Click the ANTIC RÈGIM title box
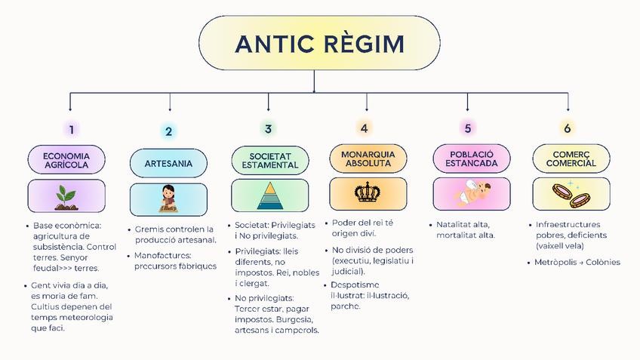pos(319,45)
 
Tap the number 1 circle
pos(71,129)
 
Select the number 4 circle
pos(364,128)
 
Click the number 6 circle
pos(567,128)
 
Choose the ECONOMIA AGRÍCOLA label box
pos(66,159)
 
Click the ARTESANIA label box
pos(168,163)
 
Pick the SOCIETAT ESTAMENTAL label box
pos(270,160)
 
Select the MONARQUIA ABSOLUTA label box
pos(368,158)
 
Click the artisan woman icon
pos(169,198)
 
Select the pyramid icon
pos(269,196)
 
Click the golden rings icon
pos(570,195)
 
